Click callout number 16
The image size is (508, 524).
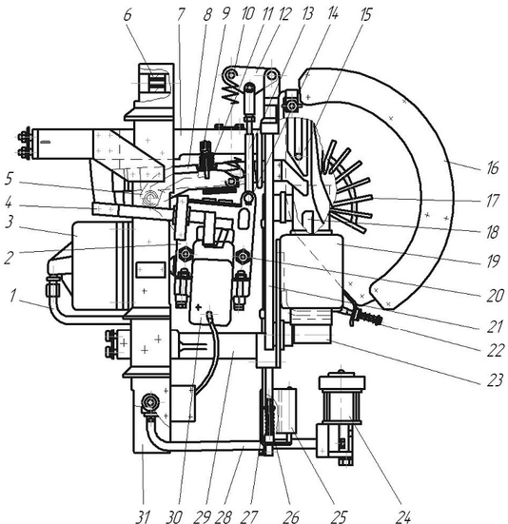(493, 167)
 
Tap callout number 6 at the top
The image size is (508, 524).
(127, 15)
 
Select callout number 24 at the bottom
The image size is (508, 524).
(403, 515)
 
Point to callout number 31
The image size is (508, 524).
(143, 516)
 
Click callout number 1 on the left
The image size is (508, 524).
(13, 296)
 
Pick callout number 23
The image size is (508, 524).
(496, 379)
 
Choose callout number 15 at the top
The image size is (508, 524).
(366, 15)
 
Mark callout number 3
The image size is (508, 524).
(10, 222)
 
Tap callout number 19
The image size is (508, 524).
(493, 261)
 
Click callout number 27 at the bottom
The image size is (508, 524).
(248, 516)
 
